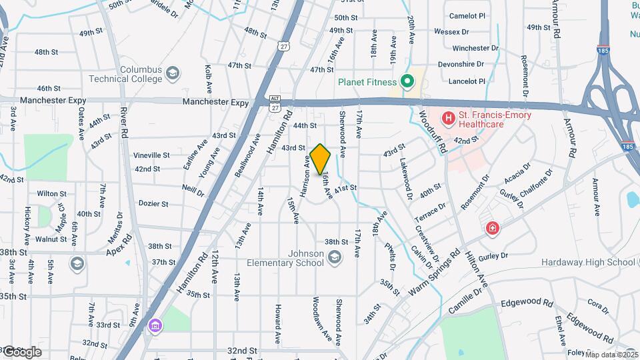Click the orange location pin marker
tap(321, 159)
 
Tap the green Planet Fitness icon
tap(407, 83)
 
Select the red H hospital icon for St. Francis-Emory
tap(449, 119)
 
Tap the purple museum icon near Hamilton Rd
tap(155, 325)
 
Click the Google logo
tap(21, 351)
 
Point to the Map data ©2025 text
tap(611, 355)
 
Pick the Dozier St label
tap(151, 203)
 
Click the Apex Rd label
tap(120, 244)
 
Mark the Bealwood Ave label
tap(247, 154)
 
